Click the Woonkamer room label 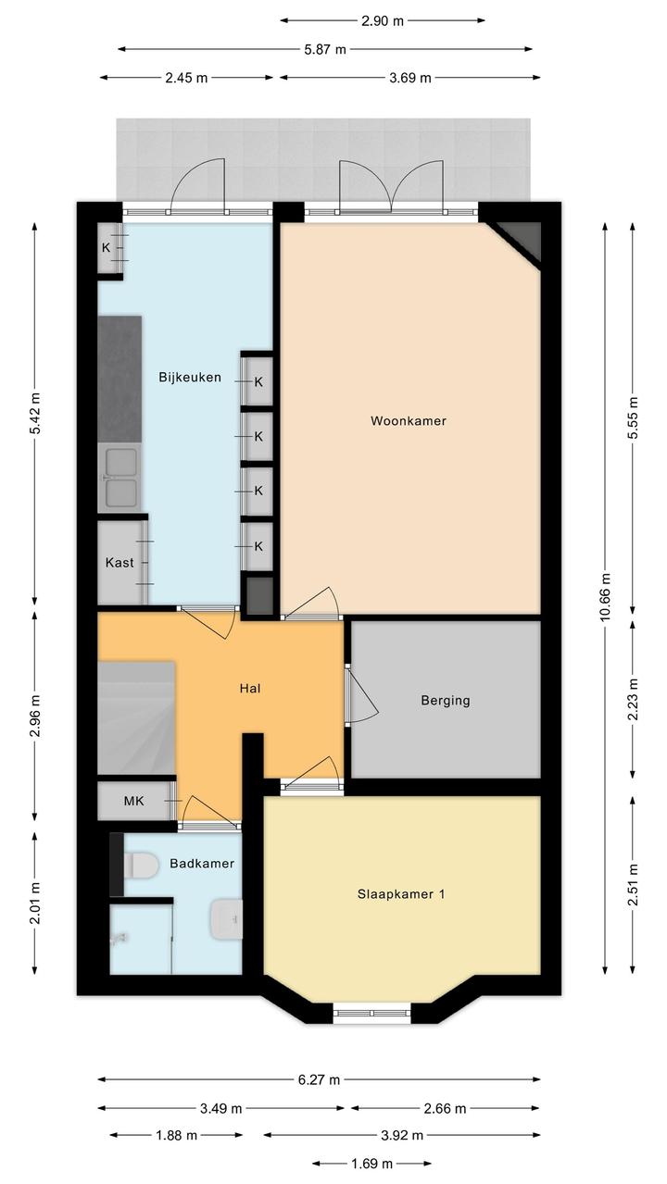point(408,421)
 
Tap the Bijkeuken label point(190,377)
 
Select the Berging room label point(446,701)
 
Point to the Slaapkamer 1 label point(401,894)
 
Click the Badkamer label point(202,863)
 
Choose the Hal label point(250,688)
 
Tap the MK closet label point(133,801)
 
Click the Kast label point(120,563)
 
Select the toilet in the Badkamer point(141,866)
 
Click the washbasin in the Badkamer point(226,919)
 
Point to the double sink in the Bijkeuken point(120,478)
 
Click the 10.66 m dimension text point(606,596)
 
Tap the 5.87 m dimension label point(325,49)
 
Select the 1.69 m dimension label point(371,1163)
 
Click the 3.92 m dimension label point(402,1134)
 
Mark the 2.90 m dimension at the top point(383,20)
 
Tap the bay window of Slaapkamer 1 point(371,1013)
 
